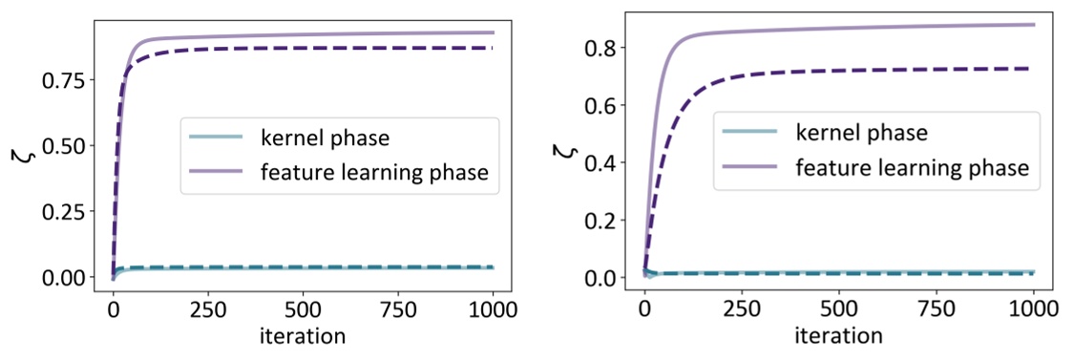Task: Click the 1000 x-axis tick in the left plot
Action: click(x=493, y=310)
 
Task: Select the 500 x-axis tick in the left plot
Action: click(x=303, y=310)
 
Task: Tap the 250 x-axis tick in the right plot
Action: click(x=742, y=310)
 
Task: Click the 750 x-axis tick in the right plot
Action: click(x=936, y=310)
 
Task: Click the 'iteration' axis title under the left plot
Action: click(x=303, y=335)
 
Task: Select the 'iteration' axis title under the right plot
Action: click(x=839, y=336)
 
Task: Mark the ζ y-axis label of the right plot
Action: click(x=567, y=150)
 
